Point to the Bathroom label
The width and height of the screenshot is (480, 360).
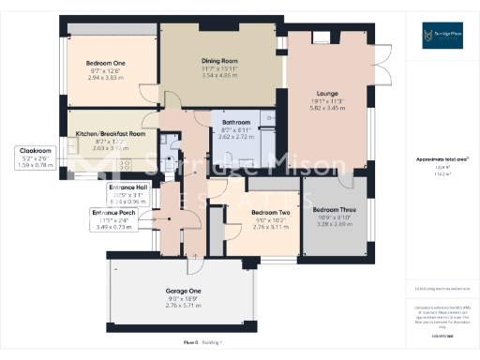235,123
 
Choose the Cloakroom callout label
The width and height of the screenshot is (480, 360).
37,150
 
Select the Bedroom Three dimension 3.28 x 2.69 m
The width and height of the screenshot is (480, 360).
335,224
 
